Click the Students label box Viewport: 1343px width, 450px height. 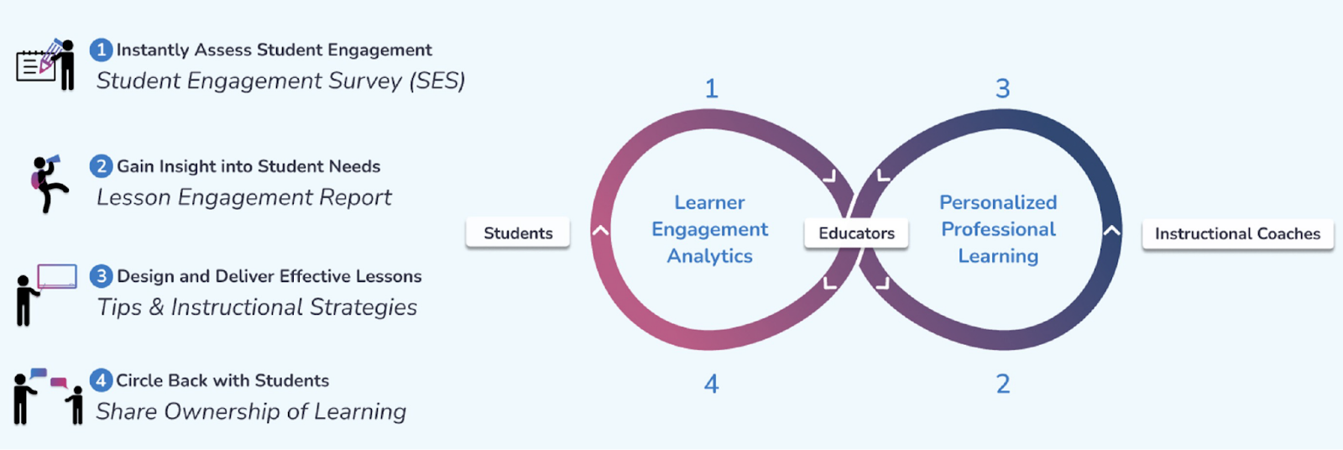tap(518, 233)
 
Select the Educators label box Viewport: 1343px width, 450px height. tap(856, 233)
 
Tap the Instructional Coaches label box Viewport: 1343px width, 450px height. tap(1237, 233)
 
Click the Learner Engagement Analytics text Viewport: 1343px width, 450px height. tap(710, 229)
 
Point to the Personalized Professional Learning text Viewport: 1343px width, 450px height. tap(998, 229)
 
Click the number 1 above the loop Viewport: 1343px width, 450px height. tap(712, 88)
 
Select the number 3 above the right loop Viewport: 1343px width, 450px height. tap(1002, 88)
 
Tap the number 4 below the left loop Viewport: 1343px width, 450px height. tap(712, 384)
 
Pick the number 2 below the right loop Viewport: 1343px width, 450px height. tap(1003, 384)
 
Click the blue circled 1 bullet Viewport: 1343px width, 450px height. tap(102, 50)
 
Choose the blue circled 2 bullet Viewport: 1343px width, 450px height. tap(102, 166)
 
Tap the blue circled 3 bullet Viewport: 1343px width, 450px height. tap(102, 276)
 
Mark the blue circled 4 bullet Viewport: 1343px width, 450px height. tap(102, 380)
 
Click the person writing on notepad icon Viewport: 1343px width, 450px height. tap(46, 64)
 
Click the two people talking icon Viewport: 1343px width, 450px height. tap(48, 396)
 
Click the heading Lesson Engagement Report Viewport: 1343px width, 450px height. tap(244, 197)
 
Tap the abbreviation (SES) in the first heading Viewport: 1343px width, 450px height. tap(437, 81)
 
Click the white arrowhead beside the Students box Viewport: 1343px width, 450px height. tap(600, 230)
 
